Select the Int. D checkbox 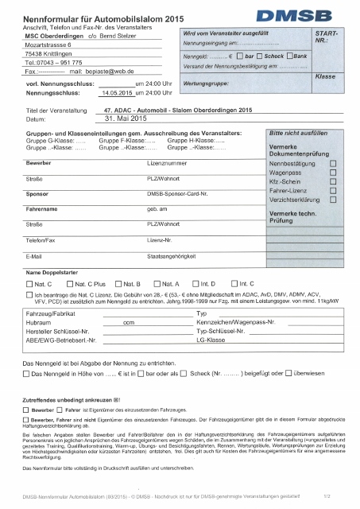[x=194, y=283]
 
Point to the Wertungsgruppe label [x=209, y=82]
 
